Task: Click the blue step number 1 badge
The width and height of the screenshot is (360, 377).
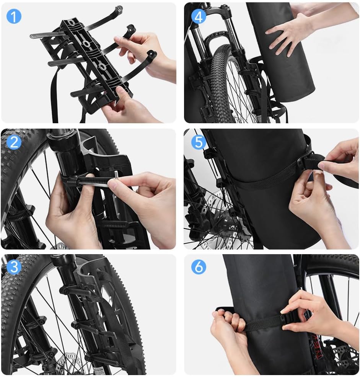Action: click(14, 16)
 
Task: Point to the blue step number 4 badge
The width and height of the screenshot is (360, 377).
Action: click(198, 16)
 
